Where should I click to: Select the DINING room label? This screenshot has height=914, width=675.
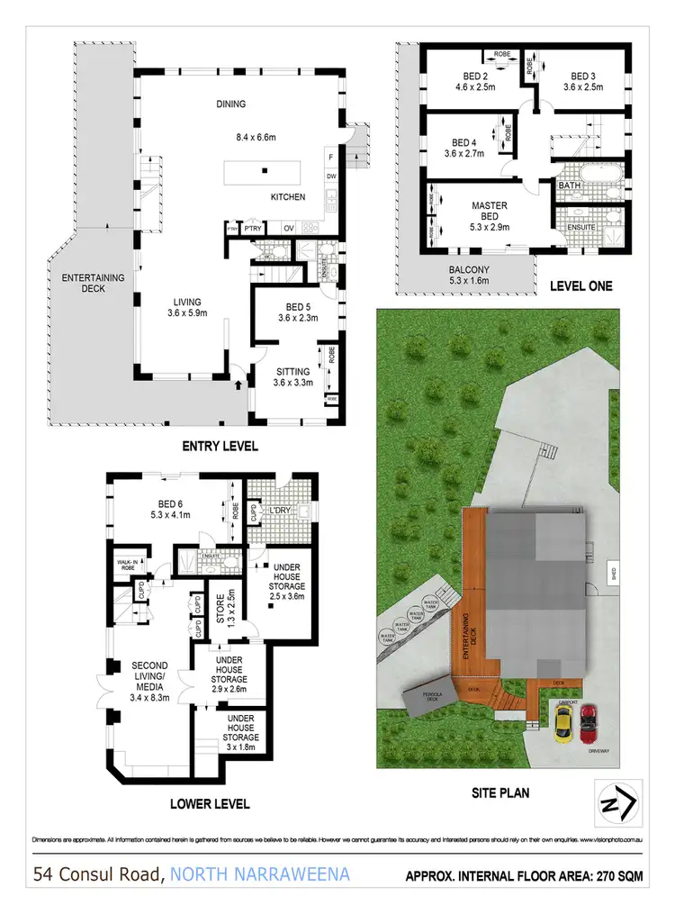click(x=230, y=104)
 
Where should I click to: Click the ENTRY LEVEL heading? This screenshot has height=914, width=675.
click(x=220, y=446)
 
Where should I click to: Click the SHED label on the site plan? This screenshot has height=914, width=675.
click(x=614, y=574)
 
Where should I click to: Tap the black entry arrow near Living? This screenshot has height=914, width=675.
click(x=238, y=385)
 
